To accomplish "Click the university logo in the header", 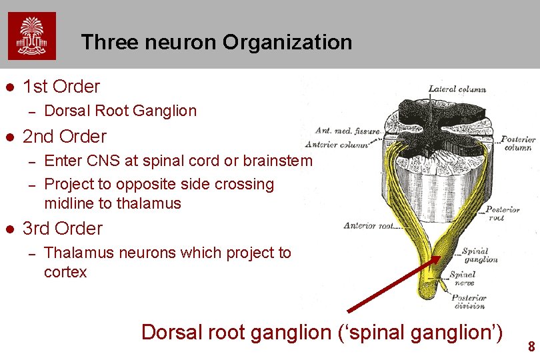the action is coord(32,36).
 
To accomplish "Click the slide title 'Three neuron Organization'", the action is coord(217,43).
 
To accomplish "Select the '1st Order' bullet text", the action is coord(61,87).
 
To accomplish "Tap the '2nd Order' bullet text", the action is coord(65,137).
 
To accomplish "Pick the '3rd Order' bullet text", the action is coord(63,229).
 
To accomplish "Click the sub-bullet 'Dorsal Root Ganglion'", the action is coord(120,111).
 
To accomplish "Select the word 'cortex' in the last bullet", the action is coord(65,272).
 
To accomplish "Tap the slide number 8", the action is coord(531,347).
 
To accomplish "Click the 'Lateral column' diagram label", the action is coord(457,89).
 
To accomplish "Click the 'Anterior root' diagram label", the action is coord(369,225).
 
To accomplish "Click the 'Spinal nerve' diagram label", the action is coord(462,278).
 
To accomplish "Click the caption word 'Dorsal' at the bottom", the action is coord(175,331).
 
